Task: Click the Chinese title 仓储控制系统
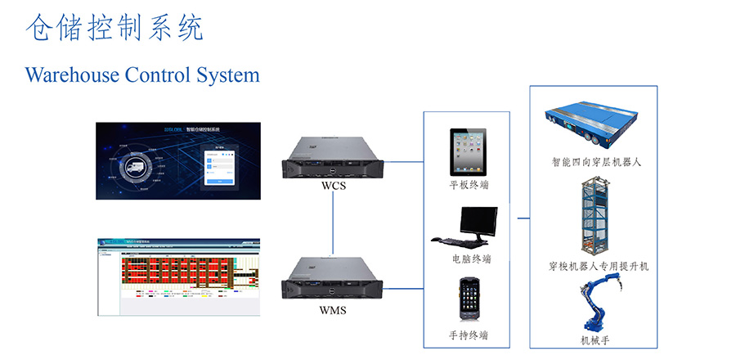[114, 29]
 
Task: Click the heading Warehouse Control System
[142, 75]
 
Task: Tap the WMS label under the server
[333, 310]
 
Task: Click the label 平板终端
[469, 185]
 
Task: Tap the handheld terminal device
[470, 299]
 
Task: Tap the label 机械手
[595, 340]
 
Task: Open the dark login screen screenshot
[177, 157]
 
